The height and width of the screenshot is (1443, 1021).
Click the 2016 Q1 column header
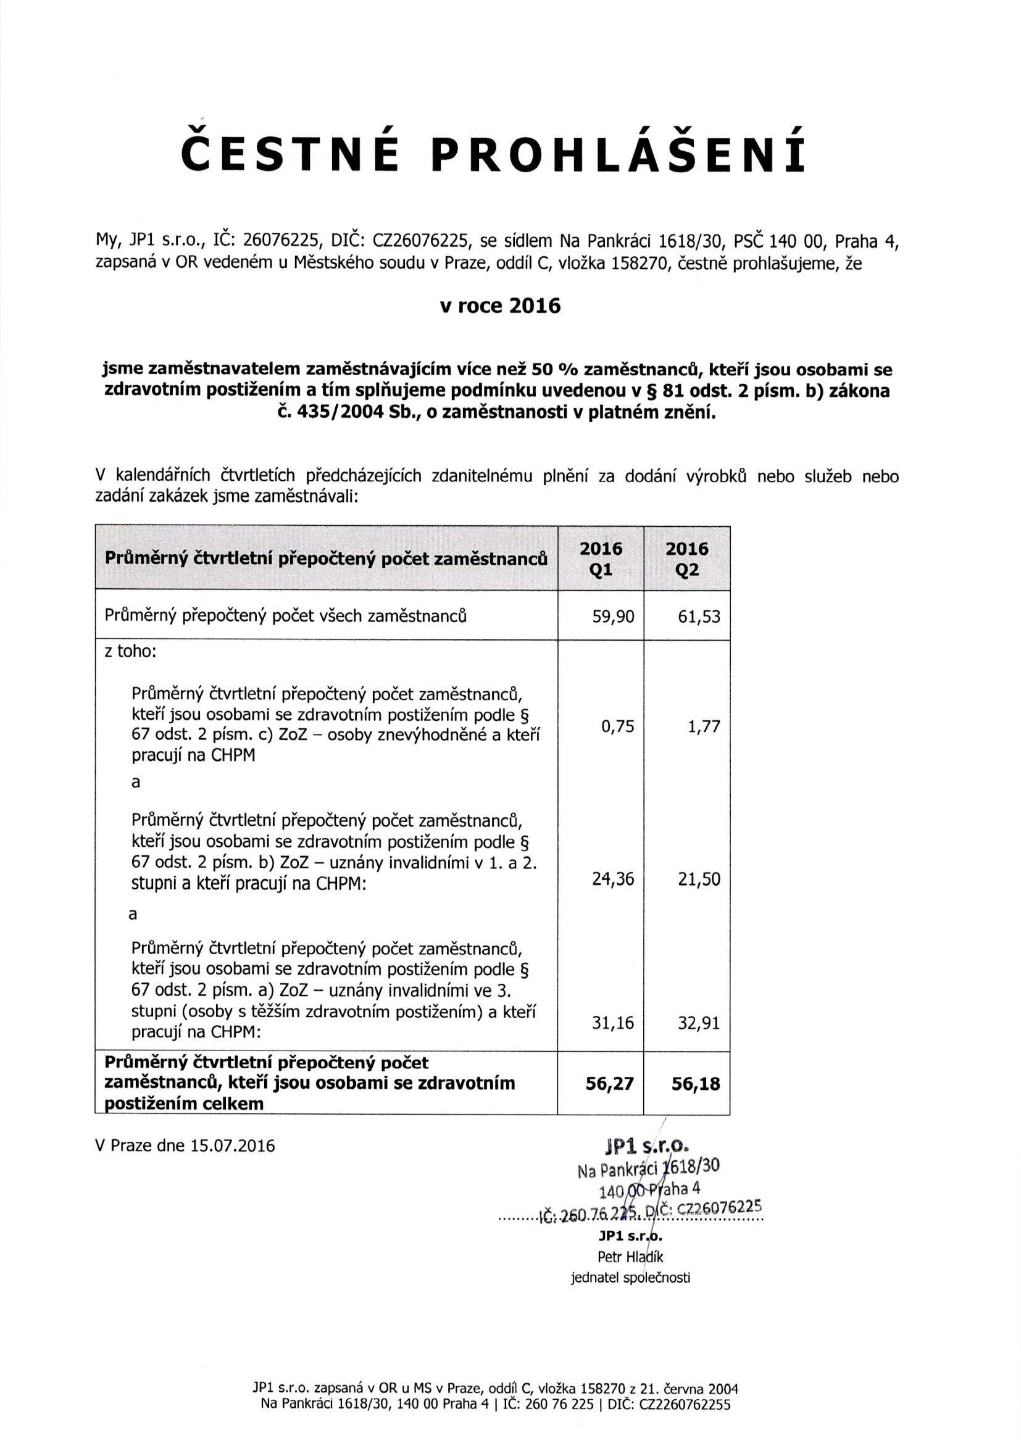[601, 559]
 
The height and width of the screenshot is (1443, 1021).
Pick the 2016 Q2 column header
[687, 559]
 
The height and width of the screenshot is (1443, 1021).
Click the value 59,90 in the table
[614, 617]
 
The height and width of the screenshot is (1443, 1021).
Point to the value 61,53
[699, 617]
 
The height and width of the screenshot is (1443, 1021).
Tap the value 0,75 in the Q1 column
[617, 727]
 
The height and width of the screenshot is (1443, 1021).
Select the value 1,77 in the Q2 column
[703, 727]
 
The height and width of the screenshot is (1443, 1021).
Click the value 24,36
[614, 880]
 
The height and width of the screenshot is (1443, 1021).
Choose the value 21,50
[699, 880]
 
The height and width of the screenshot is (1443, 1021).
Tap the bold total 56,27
[609, 1084]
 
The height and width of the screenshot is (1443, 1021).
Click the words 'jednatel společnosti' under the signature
[630, 1278]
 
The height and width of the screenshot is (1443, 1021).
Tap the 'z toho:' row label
[130, 651]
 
